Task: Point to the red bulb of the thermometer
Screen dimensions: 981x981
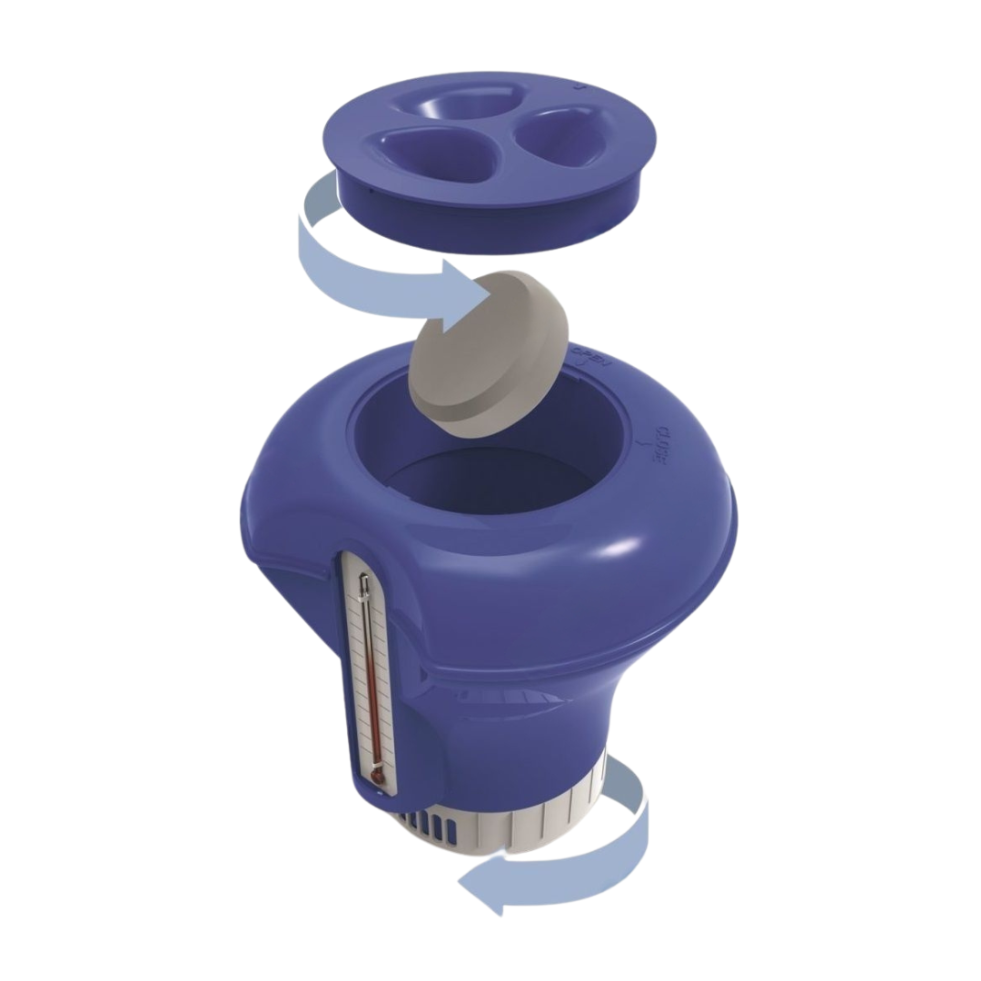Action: pos(377,778)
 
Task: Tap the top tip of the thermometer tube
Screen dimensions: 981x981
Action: pos(362,578)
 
